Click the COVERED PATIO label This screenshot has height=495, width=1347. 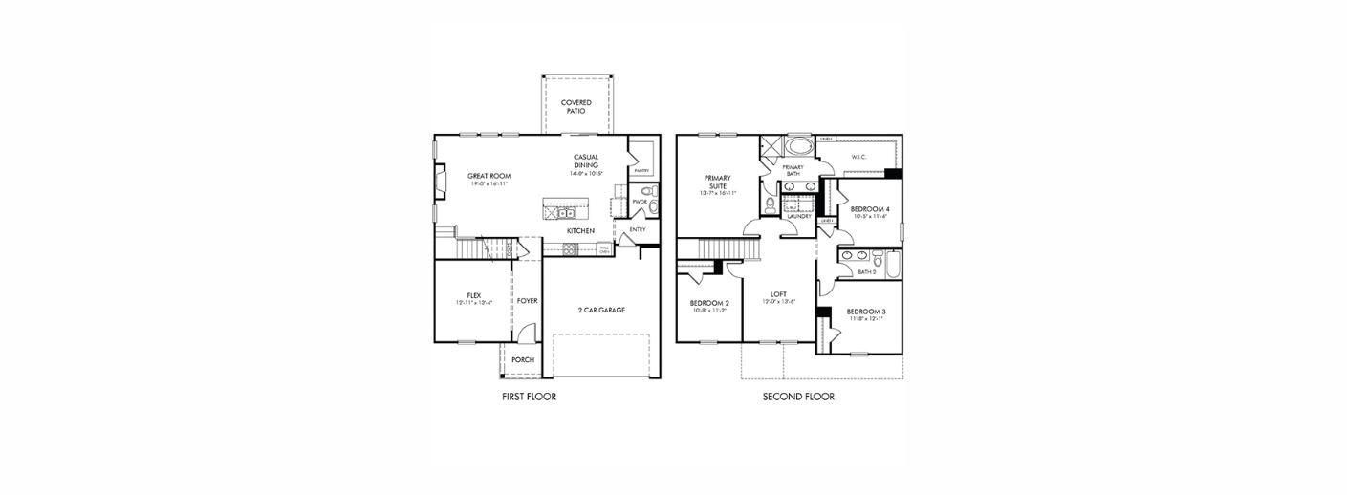pyautogui.click(x=576, y=106)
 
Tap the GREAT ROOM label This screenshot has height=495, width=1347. pyautogui.click(x=489, y=176)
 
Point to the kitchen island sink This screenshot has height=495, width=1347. pyautogui.click(x=565, y=213)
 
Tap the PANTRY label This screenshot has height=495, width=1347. pyautogui.click(x=641, y=171)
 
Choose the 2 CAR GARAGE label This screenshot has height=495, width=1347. pyautogui.click(x=601, y=310)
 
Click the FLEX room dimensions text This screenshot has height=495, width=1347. pyautogui.click(x=473, y=303)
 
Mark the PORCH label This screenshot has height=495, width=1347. pyautogui.click(x=523, y=360)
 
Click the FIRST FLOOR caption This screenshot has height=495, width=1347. pyautogui.click(x=529, y=397)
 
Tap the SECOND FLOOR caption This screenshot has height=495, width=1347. pyautogui.click(x=798, y=397)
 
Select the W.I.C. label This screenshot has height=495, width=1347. pyautogui.click(x=858, y=158)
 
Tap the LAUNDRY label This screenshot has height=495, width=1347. pyautogui.click(x=798, y=217)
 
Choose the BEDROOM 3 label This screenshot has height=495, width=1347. pyautogui.click(x=865, y=312)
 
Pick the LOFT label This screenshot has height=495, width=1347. pyautogui.click(x=778, y=294)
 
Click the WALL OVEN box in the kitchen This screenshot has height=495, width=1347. pyautogui.click(x=604, y=248)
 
